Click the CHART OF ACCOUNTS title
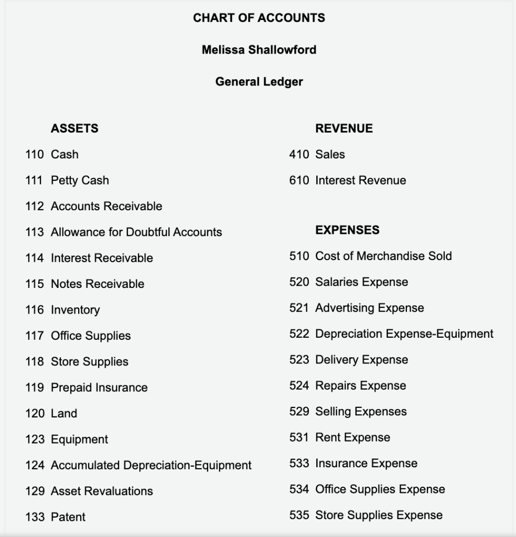(x=259, y=18)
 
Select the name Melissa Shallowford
(x=259, y=50)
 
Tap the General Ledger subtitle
(x=259, y=82)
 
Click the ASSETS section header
(x=74, y=128)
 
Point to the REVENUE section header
(x=344, y=128)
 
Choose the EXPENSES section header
(x=347, y=230)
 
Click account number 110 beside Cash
(x=35, y=155)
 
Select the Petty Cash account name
(x=80, y=180)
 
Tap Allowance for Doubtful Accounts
(x=136, y=232)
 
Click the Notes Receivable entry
(x=98, y=284)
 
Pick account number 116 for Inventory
(x=35, y=310)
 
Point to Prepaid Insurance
(x=99, y=388)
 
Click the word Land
(x=64, y=414)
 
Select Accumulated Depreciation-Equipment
(x=151, y=466)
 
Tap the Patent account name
(x=68, y=517)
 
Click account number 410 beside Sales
(x=299, y=155)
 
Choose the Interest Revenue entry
(x=360, y=180)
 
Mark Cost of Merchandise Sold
(x=383, y=256)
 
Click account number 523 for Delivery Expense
(x=299, y=360)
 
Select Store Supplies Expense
(x=379, y=515)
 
